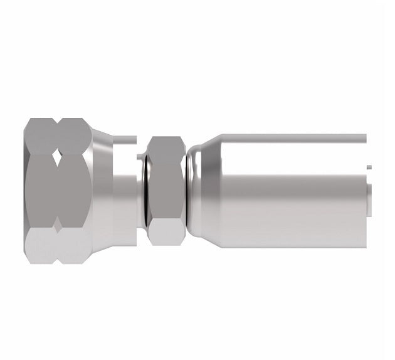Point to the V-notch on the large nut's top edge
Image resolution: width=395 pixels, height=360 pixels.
click(57, 119)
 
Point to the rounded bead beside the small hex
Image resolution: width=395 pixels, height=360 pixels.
click(188, 188)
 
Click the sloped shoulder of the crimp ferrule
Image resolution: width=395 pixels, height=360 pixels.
click(204, 188)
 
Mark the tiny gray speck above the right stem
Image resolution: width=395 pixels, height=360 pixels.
click(369, 167)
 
